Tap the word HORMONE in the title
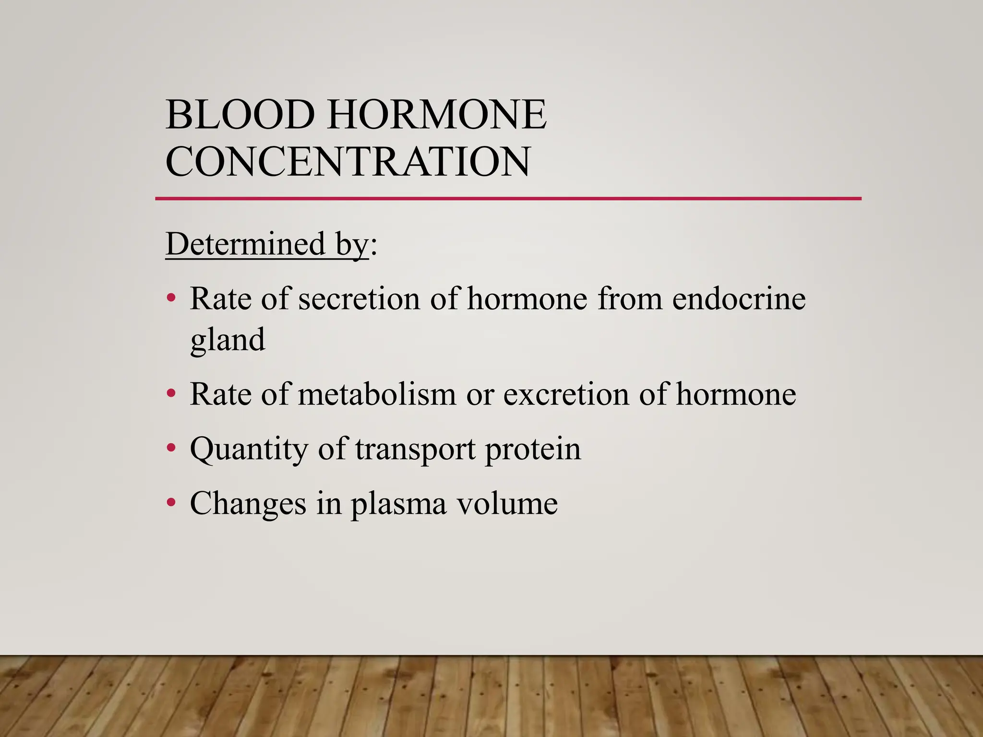(436, 115)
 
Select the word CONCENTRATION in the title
(348, 161)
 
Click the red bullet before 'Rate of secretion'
(171, 299)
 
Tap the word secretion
(359, 299)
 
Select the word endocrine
(739, 299)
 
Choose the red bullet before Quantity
(171, 449)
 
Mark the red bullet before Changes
(171, 503)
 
